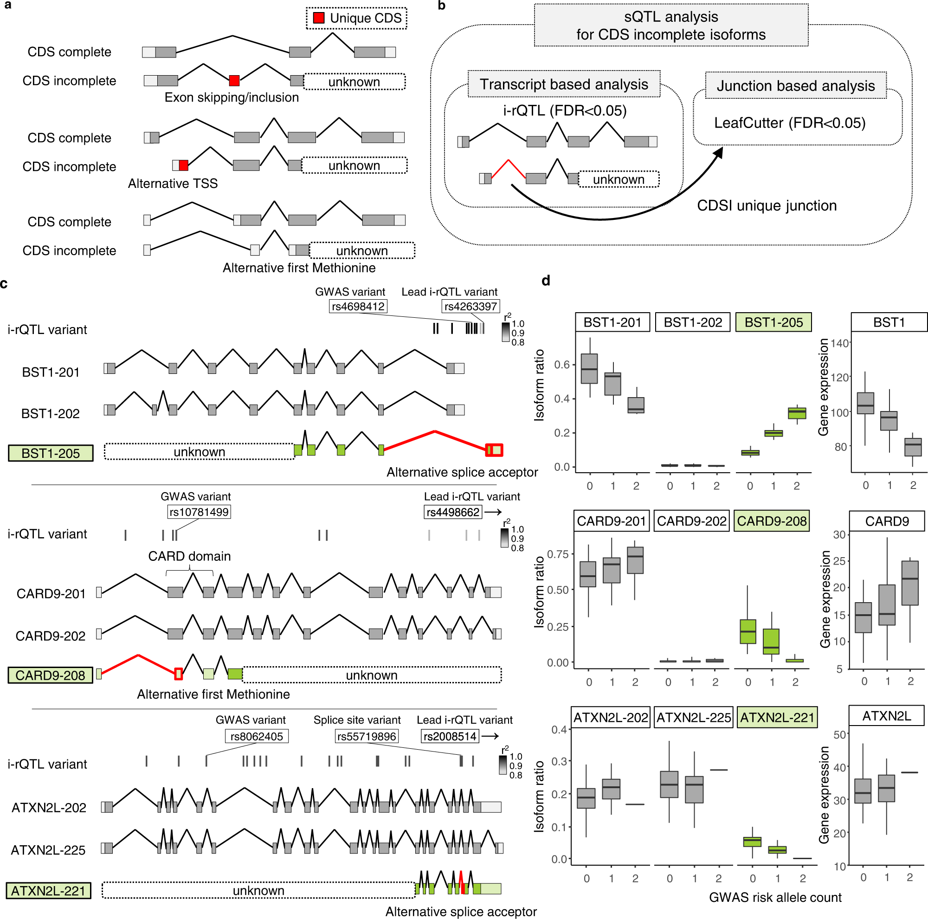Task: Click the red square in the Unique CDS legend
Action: click(x=318, y=18)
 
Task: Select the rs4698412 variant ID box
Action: click(x=358, y=306)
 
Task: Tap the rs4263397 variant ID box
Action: click(x=470, y=306)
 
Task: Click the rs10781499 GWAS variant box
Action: click(x=199, y=512)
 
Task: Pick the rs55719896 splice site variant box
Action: click(x=367, y=736)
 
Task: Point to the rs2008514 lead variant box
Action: click(x=450, y=736)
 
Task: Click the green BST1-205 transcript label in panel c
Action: click(x=51, y=453)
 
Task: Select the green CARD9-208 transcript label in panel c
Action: click(x=51, y=675)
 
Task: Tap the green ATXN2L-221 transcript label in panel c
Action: click(x=49, y=891)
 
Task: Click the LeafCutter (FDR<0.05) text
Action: click(x=790, y=123)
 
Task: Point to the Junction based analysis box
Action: click(x=795, y=85)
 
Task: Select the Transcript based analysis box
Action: click(x=564, y=84)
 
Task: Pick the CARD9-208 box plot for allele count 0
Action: click(x=748, y=631)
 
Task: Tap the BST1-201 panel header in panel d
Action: click(x=612, y=322)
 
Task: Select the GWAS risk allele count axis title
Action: click(x=775, y=897)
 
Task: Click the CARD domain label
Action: click(x=189, y=556)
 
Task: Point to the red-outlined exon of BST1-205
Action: click(x=494, y=450)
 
